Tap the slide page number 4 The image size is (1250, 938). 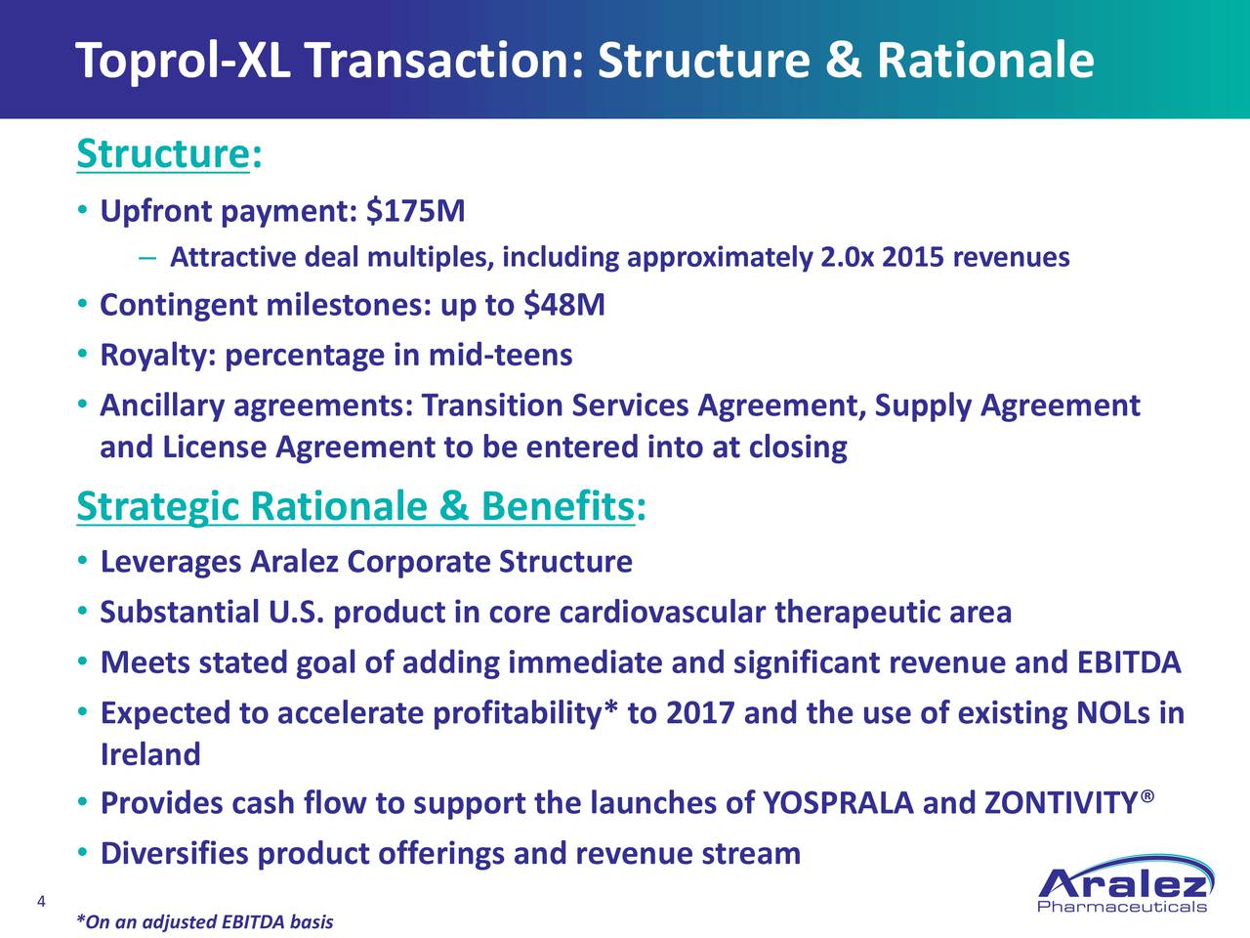click(x=41, y=902)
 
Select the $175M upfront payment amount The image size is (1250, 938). click(x=416, y=211)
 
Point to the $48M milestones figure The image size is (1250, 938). click(x=564, y=305)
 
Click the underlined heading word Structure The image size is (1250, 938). click(x=163, y=153)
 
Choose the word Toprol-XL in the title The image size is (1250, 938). click(x=183, y=61)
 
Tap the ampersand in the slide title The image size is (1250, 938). click(x=843, y=61)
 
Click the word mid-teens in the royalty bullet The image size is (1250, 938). click(x=501, y=355)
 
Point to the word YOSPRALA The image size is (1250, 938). click(x=838, y=803)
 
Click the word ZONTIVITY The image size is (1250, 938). click(x=1061, y=803)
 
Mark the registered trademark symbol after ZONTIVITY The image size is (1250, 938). click(x=1147, y=795)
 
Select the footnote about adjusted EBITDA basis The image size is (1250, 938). click(x=205, y=921)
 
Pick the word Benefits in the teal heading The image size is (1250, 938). click(x=558, y=506)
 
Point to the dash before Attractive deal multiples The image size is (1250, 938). click(x=146, y=258)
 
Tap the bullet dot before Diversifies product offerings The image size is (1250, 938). click(x=83, y=853)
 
